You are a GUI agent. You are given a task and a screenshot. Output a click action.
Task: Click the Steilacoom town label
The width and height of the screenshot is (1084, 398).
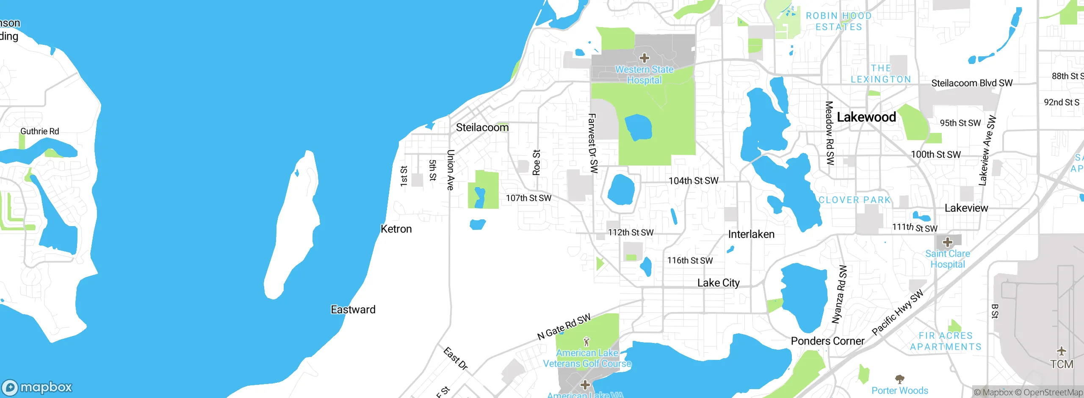(x=482, y=127)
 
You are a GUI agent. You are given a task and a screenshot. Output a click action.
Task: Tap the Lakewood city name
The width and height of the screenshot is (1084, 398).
(x=866, y=117)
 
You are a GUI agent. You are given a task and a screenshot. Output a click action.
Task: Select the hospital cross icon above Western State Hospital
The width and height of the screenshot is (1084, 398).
(x=644, y=58)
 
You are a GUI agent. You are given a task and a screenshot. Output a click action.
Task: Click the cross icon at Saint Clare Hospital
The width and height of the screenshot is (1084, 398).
(x=948, y=243)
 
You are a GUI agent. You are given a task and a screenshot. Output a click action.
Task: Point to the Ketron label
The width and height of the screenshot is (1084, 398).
(x=396, y=229)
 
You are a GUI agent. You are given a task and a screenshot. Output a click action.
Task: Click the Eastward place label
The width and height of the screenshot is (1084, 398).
(x=353, y=310)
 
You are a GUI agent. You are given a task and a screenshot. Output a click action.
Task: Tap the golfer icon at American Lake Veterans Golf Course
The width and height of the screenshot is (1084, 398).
(x=586, y=341)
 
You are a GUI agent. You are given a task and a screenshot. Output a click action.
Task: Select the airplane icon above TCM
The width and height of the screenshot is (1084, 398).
(x=1061, y=351)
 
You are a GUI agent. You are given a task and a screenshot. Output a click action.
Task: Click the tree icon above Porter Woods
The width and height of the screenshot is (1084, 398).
(x=899, y=379)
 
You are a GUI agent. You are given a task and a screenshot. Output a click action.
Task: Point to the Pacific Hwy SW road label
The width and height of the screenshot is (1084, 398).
(x=897, y=312)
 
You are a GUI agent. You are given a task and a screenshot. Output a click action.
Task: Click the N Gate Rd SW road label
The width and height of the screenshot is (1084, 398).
(x=564, y=327)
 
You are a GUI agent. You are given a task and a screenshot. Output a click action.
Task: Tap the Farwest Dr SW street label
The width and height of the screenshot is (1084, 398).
(x=593, y=143)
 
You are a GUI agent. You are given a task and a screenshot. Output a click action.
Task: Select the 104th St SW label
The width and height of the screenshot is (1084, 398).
(x=693, y=181)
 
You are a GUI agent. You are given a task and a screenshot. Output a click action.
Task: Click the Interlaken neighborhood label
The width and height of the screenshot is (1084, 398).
(x=751, y=234)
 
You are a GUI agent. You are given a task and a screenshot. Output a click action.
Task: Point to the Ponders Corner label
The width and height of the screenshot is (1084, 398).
(x=827, y=341)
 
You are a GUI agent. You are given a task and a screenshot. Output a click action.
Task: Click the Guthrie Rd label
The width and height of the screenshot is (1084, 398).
(x=39, y=131)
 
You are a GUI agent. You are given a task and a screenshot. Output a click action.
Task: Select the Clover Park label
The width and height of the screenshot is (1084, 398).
(x=854, y=200)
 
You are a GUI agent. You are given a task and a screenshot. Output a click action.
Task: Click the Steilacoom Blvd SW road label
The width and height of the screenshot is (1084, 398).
(x=972, y=83)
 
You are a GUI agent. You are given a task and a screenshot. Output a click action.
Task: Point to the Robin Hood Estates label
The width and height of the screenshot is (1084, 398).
(x=839, y=21)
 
